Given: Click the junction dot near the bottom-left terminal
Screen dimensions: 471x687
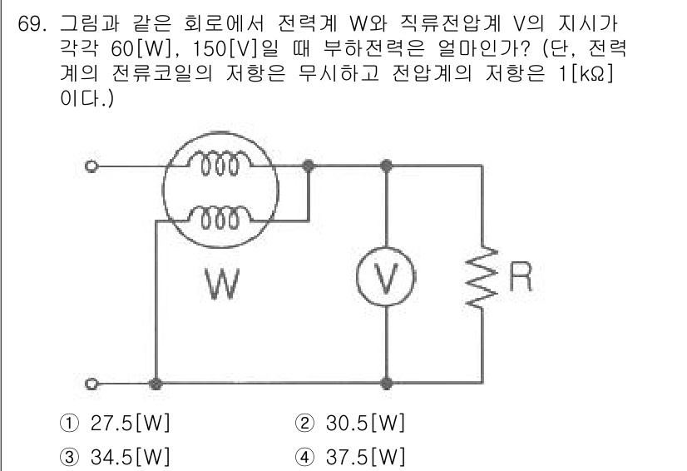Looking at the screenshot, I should click(x=155, y=385).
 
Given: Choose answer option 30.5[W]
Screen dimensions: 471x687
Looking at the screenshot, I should click(x=361, y=424).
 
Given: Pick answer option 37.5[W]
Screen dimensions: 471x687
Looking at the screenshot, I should click(x=361, y=455).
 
